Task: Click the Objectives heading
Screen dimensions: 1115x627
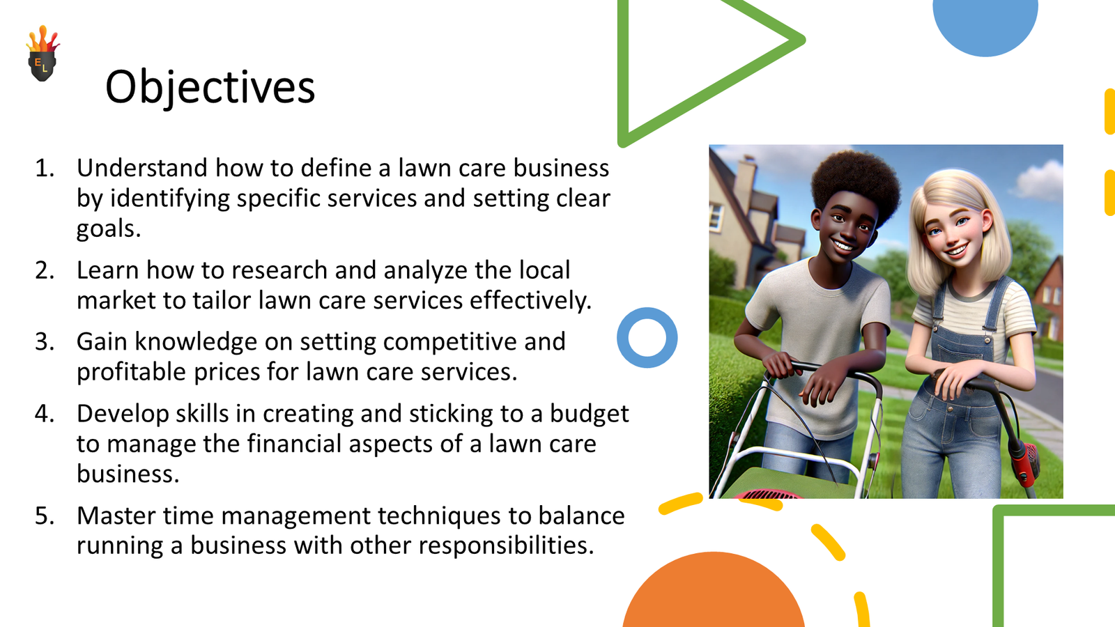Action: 210,88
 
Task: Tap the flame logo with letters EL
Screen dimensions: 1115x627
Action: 43,53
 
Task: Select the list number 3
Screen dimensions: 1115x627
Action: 45,342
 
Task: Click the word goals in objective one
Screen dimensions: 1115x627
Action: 109,229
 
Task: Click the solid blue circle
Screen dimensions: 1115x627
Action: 985,25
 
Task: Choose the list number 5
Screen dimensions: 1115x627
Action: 45,516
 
